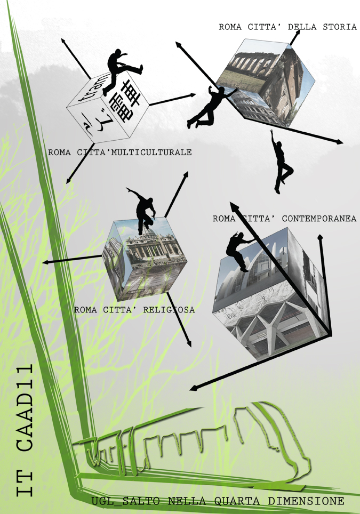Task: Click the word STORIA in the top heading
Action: [x=340, y=27]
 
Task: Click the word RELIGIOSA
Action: [x=169, y=310]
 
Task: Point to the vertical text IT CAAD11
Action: [x=25, y=429]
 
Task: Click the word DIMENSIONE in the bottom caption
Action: [x=306, y=501]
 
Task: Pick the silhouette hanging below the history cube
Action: [x=281, y=162]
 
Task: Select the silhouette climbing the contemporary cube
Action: [x=239, y=251]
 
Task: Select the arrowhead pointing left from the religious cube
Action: [x=46, y=262]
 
